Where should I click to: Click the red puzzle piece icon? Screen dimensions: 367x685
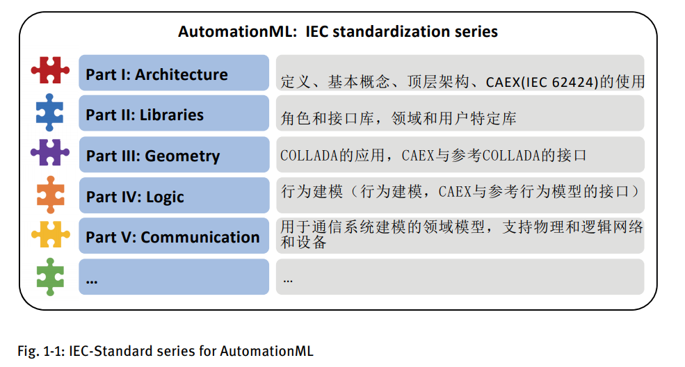[50, 71]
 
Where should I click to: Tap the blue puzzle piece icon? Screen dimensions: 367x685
[50, 113]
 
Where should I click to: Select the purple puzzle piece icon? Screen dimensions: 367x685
[50, 153]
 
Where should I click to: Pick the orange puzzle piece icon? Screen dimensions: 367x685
[50, 195]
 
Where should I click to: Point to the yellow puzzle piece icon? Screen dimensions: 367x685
[50, 235]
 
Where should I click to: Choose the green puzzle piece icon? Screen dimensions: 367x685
[50, 276]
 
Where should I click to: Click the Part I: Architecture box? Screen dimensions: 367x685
[173, 74]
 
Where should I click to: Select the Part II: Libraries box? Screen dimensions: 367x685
[173, 114]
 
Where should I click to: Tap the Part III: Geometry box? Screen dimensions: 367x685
[173, 155]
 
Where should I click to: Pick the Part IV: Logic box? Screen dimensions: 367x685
[173, 196]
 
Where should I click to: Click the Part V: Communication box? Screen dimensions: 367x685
[173, 236]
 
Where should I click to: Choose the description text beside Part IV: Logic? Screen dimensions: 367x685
[460, 191]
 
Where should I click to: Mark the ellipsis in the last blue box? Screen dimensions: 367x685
[91, 279]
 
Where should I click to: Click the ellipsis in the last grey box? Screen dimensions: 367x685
[288, 279]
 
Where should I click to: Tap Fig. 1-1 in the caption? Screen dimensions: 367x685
[40, 351]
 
